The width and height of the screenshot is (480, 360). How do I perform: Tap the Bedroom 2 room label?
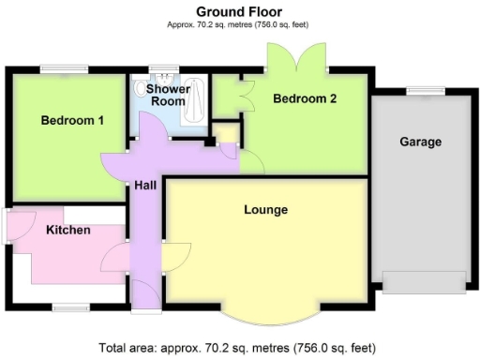(305, 97)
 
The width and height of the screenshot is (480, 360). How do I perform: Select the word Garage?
(420, 142)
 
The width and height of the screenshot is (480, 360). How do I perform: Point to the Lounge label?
(264, 208)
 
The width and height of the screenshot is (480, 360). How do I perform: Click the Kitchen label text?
(68, 230)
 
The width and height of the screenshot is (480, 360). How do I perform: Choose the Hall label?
(145, 186)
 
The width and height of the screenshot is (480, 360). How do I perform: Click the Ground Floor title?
(239, 11)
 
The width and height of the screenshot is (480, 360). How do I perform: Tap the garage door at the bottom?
(424, 281)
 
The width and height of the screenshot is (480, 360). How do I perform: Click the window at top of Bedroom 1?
(64, 67)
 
